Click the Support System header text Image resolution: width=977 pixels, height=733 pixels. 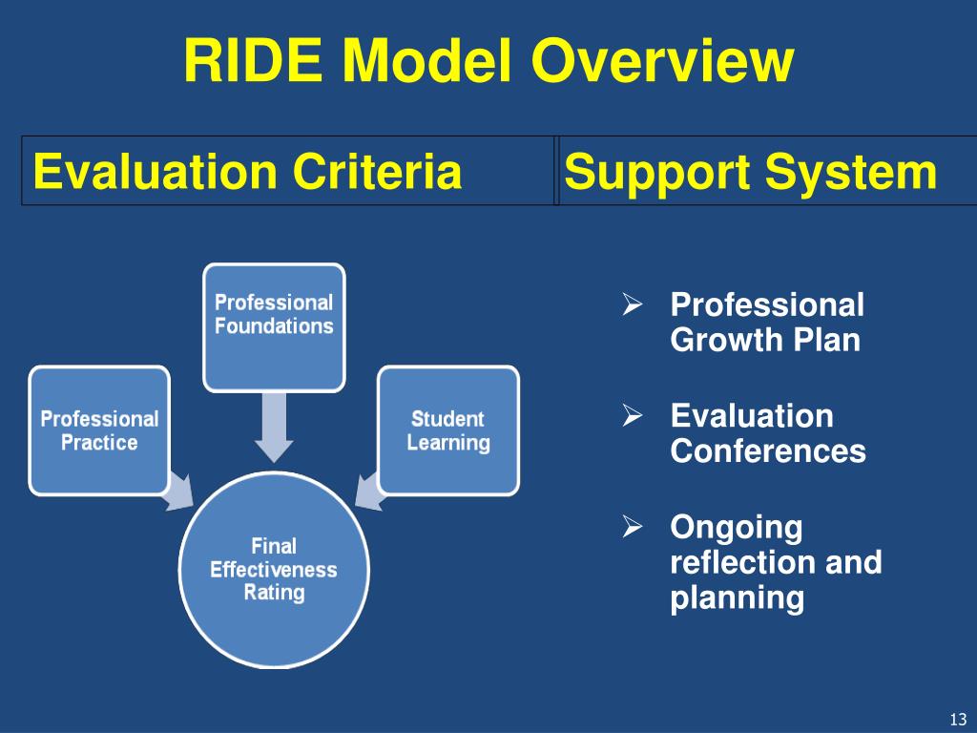point(750,173)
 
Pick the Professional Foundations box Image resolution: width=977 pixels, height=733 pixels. point(274,326)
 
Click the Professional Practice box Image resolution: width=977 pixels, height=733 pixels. point(99,430)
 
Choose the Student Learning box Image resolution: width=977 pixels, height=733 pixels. point(448,430)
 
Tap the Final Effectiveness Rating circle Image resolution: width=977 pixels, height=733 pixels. point(274,570)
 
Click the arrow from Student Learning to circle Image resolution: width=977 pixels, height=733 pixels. point(368,488)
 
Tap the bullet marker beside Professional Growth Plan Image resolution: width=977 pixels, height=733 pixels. point(631,305)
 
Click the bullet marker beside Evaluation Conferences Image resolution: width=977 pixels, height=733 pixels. point(631,416)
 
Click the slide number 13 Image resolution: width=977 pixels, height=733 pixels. point(958,719)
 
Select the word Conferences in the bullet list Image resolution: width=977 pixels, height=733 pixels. point(768,450)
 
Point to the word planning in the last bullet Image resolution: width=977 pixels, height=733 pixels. point(737,598)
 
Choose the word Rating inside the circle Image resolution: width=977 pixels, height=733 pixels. point(274,593)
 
